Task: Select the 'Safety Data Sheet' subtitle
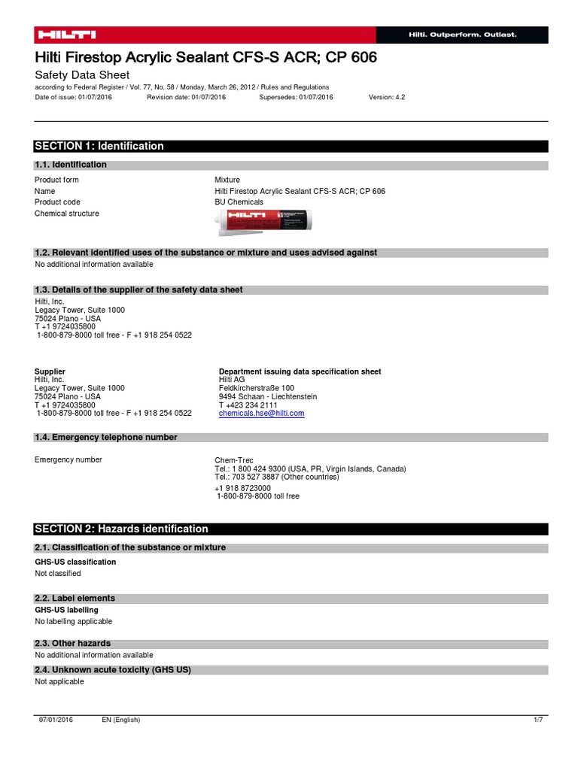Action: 82,75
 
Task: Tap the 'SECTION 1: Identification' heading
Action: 99,146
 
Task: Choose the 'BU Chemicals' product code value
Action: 239,202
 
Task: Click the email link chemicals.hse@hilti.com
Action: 261,414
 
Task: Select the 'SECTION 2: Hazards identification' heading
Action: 121,529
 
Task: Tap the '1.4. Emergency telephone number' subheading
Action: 106,438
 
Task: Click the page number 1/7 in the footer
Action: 537,720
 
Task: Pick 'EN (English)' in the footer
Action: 121,720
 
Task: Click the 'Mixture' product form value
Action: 227,180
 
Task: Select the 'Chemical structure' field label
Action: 67,214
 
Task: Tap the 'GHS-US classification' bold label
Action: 75,562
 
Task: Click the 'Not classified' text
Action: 58,573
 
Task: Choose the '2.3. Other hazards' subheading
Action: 73,644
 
